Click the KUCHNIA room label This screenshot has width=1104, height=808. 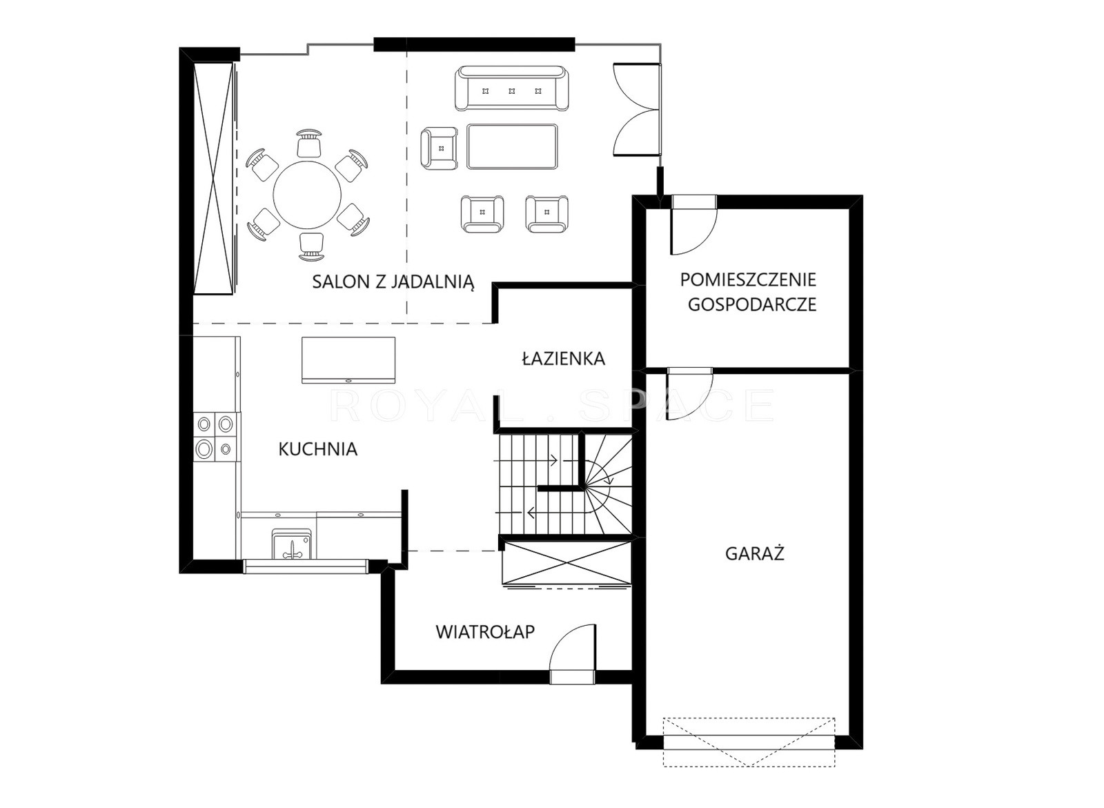tap(318, 449)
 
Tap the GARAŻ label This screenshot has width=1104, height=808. tap(755, 554)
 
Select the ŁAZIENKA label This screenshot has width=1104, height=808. tap(563, 358)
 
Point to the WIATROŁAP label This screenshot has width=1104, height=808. tap(486, 631)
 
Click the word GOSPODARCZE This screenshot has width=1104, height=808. tap(752, 304)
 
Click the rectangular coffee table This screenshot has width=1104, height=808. tap(513, 146)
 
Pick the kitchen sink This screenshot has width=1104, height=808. tap(292, 544)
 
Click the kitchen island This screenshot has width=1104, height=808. tap(348, 360)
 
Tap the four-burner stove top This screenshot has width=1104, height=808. tap(215, 436)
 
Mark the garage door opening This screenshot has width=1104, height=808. tap(749, 742)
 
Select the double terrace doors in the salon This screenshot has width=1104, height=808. tap(637, 110)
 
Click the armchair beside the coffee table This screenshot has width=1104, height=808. tap(439, 148)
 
